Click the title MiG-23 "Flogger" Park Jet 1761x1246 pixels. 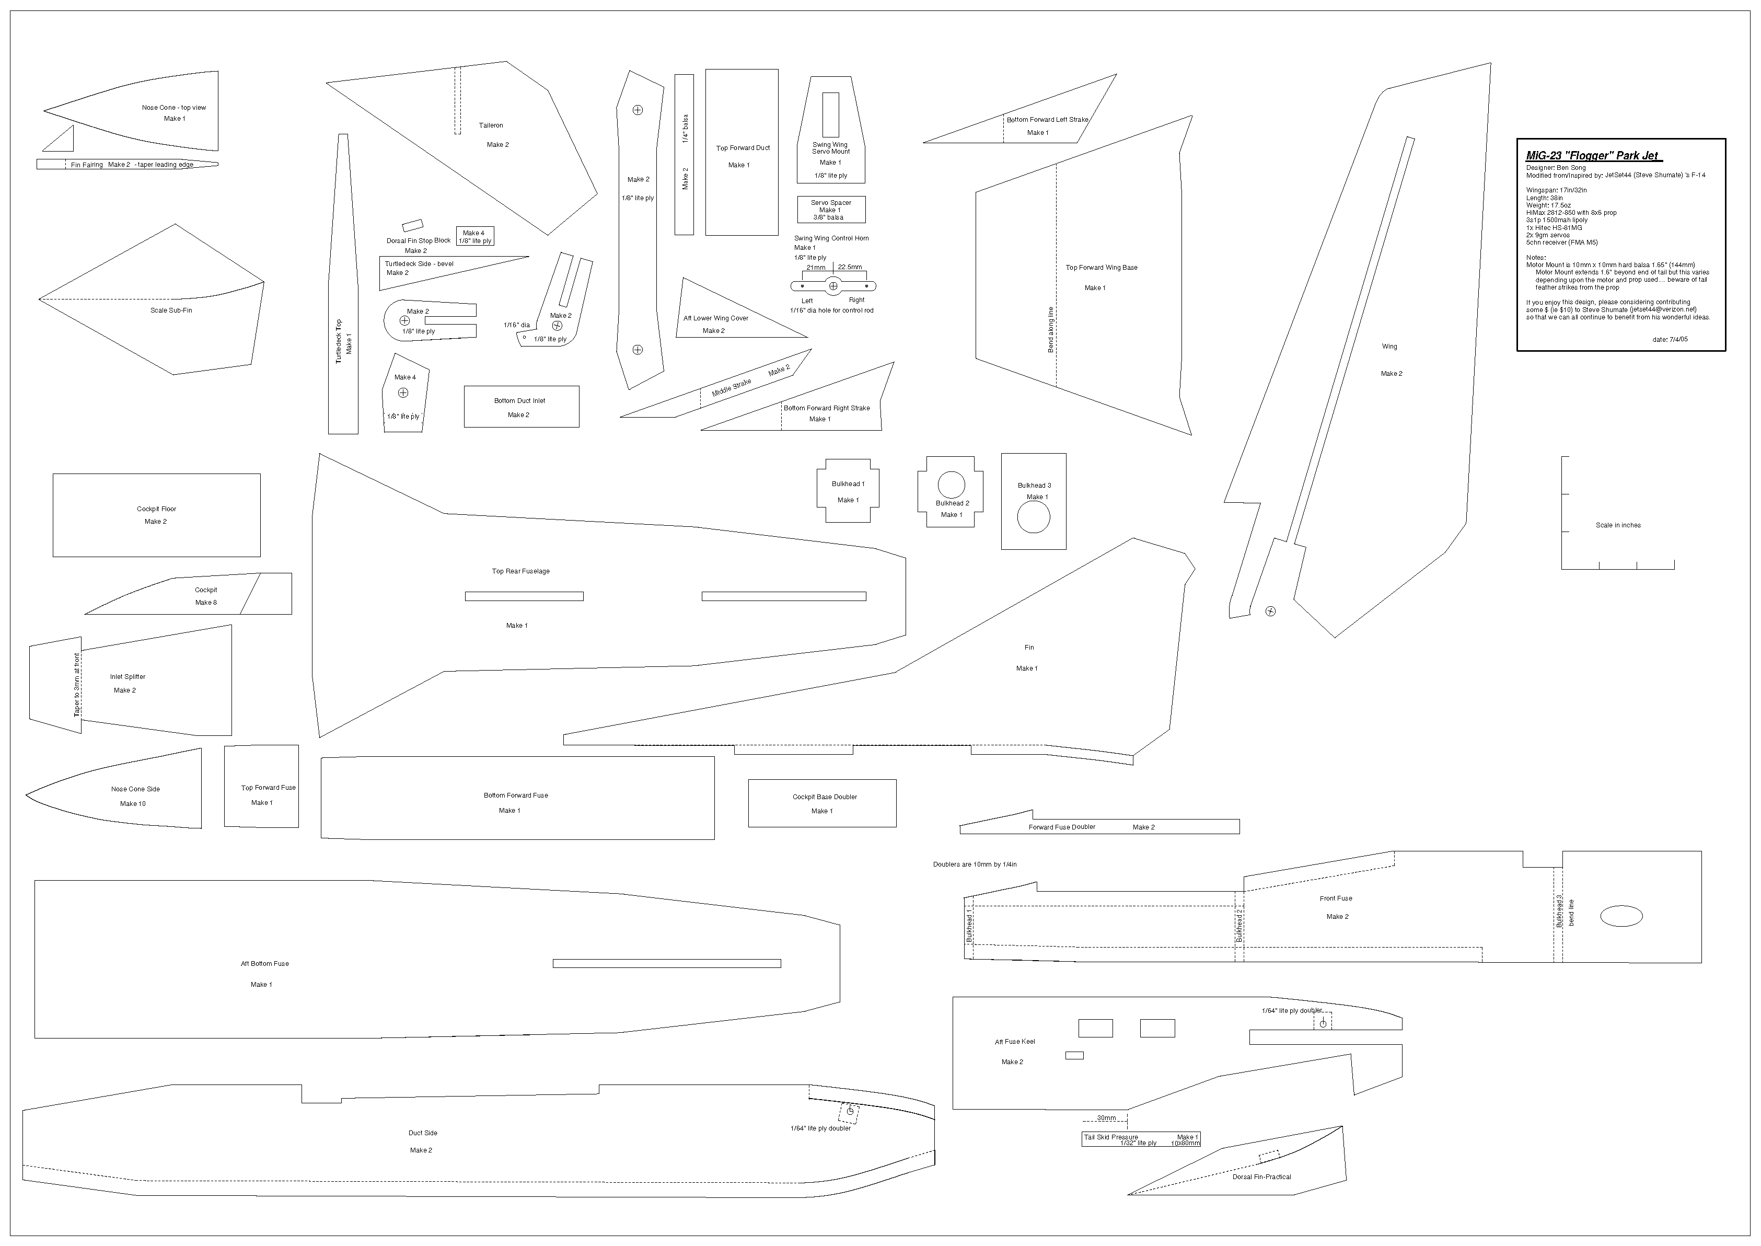1593,156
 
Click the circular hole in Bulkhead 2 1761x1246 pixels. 951,485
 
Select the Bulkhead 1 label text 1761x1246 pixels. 848,484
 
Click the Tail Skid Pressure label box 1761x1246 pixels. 1141,1139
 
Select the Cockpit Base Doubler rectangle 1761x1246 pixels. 822,803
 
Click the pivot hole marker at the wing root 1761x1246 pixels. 1270,612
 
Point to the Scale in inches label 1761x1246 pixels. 1618,526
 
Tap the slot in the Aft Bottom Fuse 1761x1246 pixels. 666,964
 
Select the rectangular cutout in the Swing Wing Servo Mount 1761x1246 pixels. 831,115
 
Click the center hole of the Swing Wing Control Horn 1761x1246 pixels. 833,286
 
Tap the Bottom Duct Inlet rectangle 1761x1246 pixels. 521,407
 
